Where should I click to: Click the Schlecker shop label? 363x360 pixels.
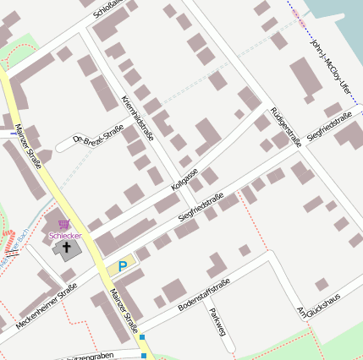65,236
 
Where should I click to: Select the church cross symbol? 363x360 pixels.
67,248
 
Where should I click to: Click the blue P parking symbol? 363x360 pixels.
123,266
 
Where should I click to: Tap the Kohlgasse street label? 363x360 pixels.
184,172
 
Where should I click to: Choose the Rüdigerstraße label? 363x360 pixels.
286,127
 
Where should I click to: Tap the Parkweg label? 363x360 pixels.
217,323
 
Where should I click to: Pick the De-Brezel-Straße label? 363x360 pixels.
100,138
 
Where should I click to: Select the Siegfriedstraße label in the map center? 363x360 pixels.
201,208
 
